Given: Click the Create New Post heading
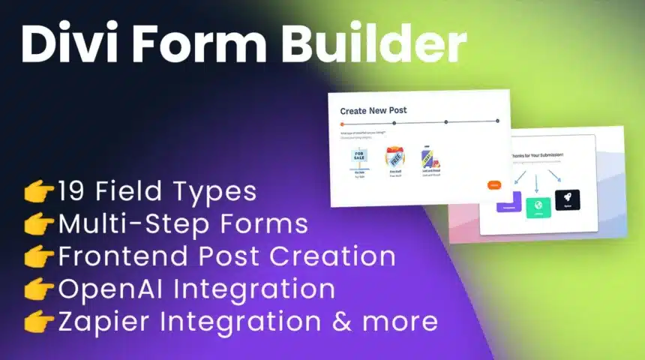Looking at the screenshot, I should click(373, 110).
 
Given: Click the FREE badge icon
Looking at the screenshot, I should click(394, 157).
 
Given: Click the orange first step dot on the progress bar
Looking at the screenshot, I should click(342, 124).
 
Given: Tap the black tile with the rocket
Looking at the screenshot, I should click(567, 200).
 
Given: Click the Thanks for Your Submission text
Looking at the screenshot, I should click(537, 154).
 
